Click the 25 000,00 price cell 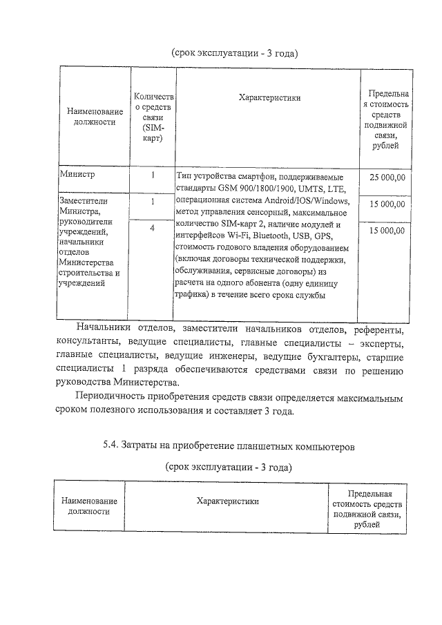[387, 177]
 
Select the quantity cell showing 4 [152, 228]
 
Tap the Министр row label [77, 176]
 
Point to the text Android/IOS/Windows [307, 201]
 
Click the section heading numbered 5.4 [229, 446]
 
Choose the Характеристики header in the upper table [269, 98]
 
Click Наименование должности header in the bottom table [88, 506]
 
